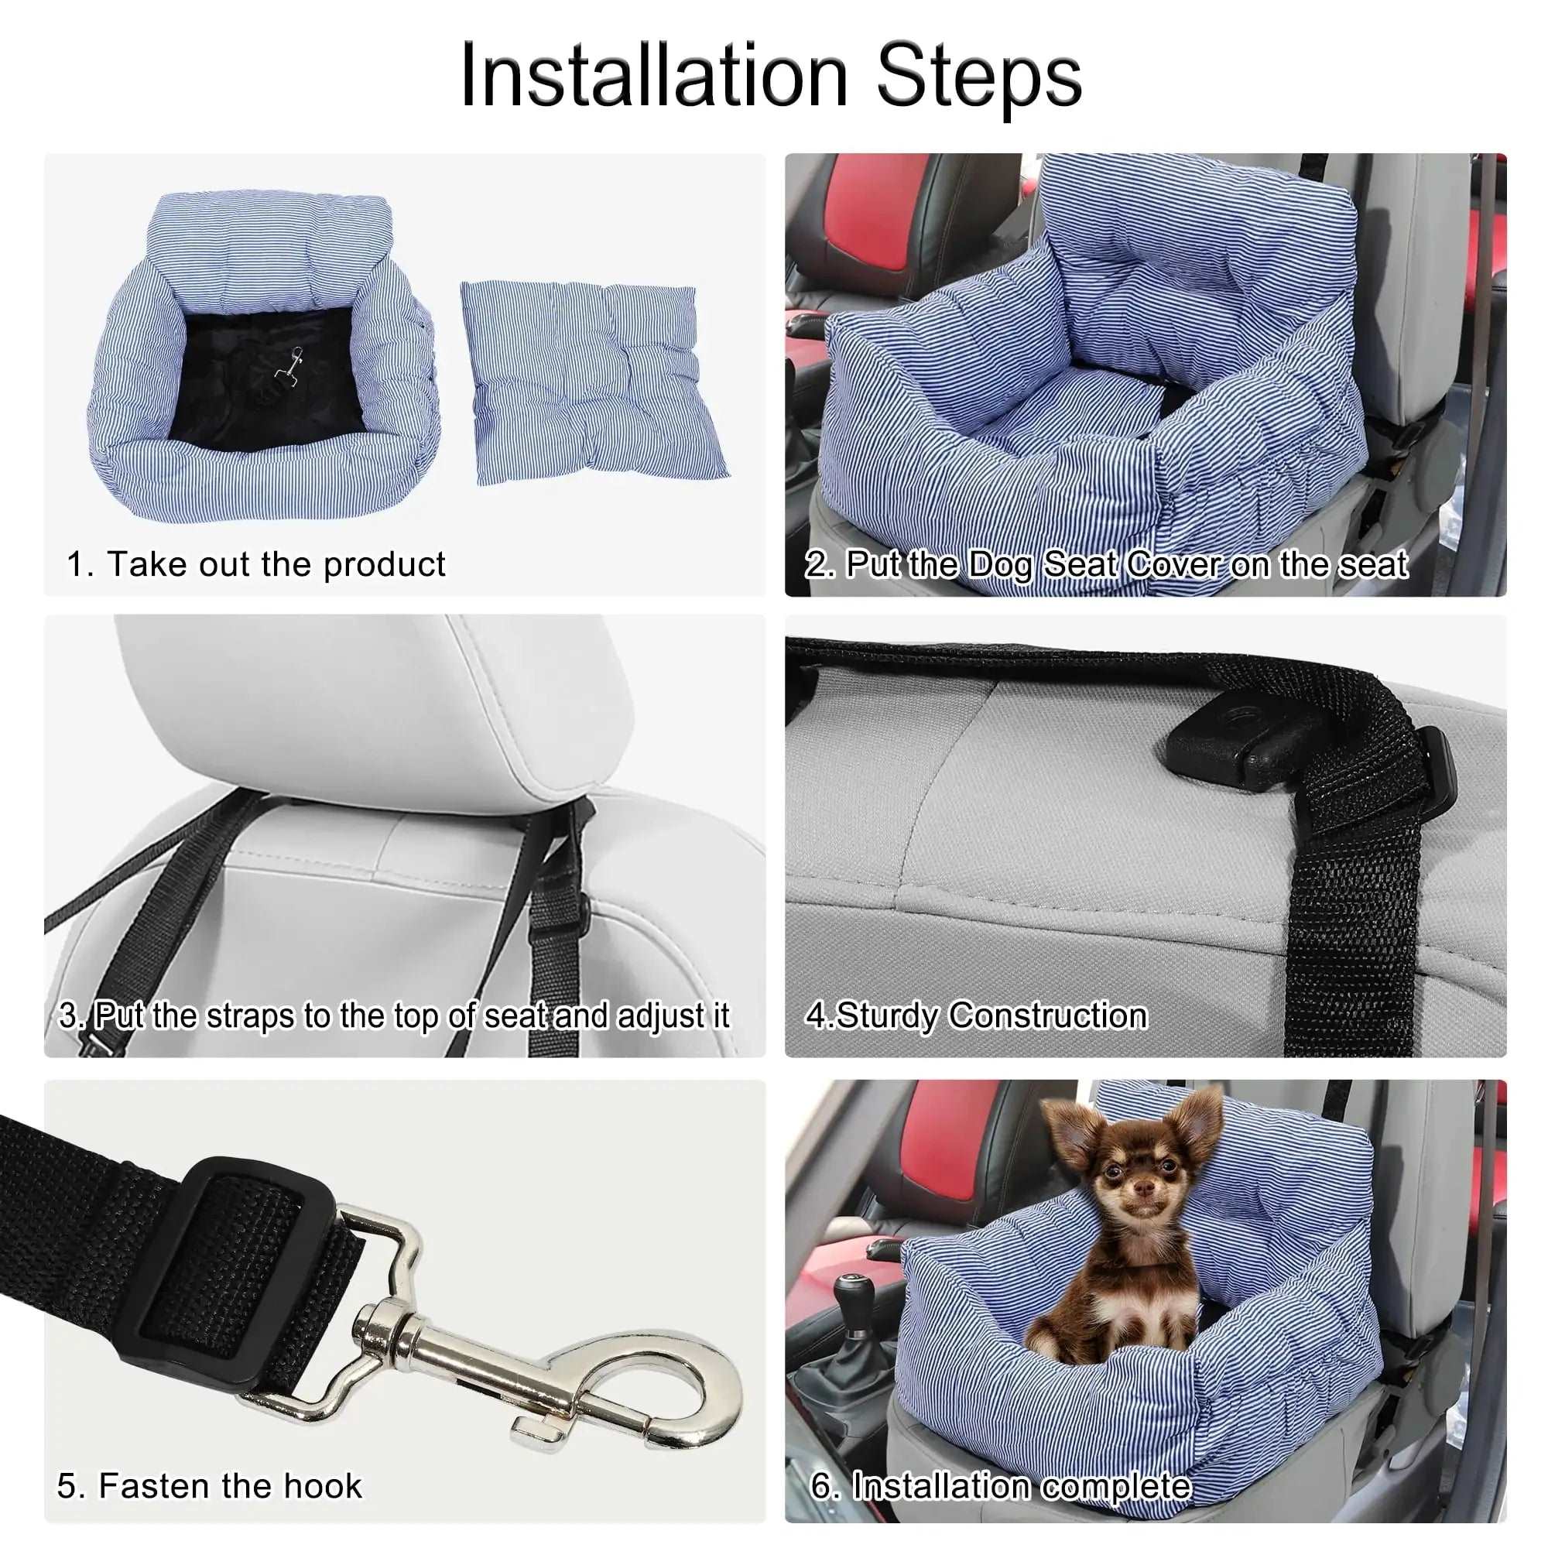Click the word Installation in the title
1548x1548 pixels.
tap(653, 76)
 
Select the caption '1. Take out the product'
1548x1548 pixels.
tap(255, 564)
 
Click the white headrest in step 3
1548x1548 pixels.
tap(377, 705)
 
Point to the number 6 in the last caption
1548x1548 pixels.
tap(820, 1485)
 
